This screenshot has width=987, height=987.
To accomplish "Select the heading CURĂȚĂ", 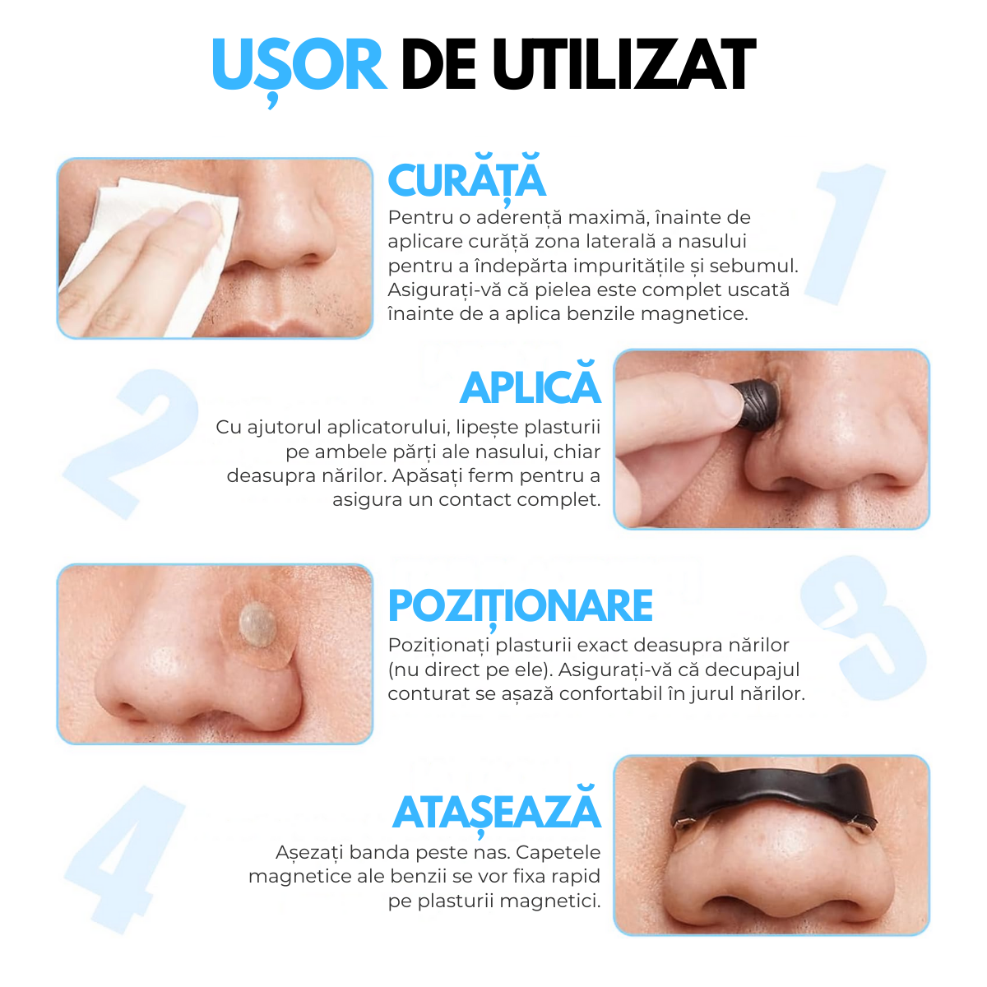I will point(466,181).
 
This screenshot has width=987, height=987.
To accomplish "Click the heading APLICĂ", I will point(531,387).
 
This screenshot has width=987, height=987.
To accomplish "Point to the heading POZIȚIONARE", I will point(520,606).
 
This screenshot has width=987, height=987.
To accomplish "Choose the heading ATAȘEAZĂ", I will point(497,813).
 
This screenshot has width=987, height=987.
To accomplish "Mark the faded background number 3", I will point(864,625).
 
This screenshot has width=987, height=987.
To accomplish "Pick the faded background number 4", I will point(123,855).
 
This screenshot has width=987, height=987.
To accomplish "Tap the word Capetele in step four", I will point(558,852).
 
